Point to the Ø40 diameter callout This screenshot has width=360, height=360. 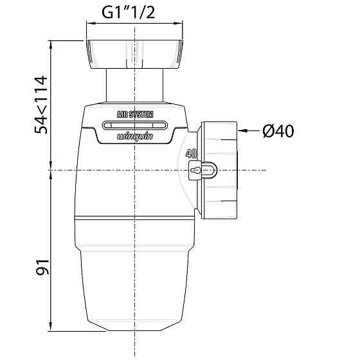click(278, 131)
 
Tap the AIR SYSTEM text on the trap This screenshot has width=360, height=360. click(134, 114)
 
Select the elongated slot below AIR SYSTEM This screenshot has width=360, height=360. click(134, 125)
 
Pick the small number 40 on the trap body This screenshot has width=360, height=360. click(190, 154)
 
